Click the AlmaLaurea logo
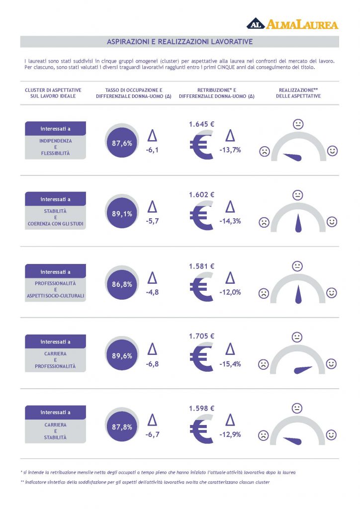292,24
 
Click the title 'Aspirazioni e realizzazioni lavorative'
180,42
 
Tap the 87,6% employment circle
122,143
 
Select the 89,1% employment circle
122,214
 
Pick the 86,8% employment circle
122,284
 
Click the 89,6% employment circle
122,356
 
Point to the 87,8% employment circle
122,427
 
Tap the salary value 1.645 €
202,124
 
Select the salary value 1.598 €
202,408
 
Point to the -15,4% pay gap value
230,364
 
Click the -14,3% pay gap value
230,221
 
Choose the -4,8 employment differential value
152,292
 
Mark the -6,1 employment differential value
152,150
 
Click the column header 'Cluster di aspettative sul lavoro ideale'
53,93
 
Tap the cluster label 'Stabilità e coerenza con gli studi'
55,218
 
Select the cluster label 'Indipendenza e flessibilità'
55,147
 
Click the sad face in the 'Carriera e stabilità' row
263,436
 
